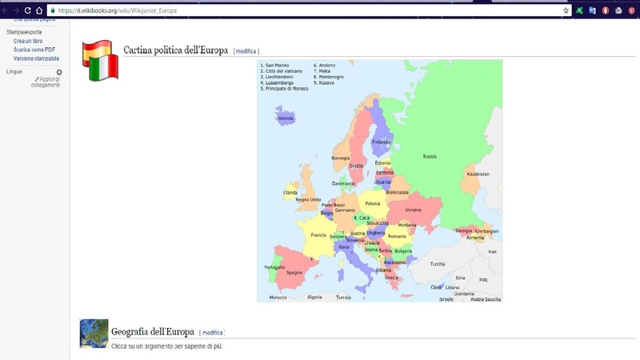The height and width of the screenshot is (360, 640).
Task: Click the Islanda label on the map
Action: (285, 118)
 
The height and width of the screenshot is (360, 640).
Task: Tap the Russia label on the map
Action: (430, 156)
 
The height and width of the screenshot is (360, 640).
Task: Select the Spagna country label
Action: (294, 273)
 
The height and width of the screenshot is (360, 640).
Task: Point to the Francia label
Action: (318, 235)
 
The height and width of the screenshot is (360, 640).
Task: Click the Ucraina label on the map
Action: (413, 210)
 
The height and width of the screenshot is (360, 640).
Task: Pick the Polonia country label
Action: (373, 204)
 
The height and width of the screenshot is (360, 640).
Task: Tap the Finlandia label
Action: (381, 142)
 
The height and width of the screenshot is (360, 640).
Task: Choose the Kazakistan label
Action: (478, 174)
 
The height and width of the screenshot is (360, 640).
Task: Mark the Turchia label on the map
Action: (438, 264)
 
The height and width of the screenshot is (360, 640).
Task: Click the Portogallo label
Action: (274, 266)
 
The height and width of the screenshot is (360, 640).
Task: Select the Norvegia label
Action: (341, 158)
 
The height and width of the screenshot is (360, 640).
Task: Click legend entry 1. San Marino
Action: (276, 65)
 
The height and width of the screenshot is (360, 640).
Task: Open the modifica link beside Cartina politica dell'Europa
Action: (246, 51)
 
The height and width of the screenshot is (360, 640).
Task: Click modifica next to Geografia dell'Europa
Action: (212, 332)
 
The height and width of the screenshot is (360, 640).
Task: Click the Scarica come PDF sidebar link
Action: (34, 50)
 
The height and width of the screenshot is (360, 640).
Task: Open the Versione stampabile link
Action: (36, 58)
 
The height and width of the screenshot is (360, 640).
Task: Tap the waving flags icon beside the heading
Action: (100, 59)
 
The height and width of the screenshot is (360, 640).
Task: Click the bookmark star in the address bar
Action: (566, 10)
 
